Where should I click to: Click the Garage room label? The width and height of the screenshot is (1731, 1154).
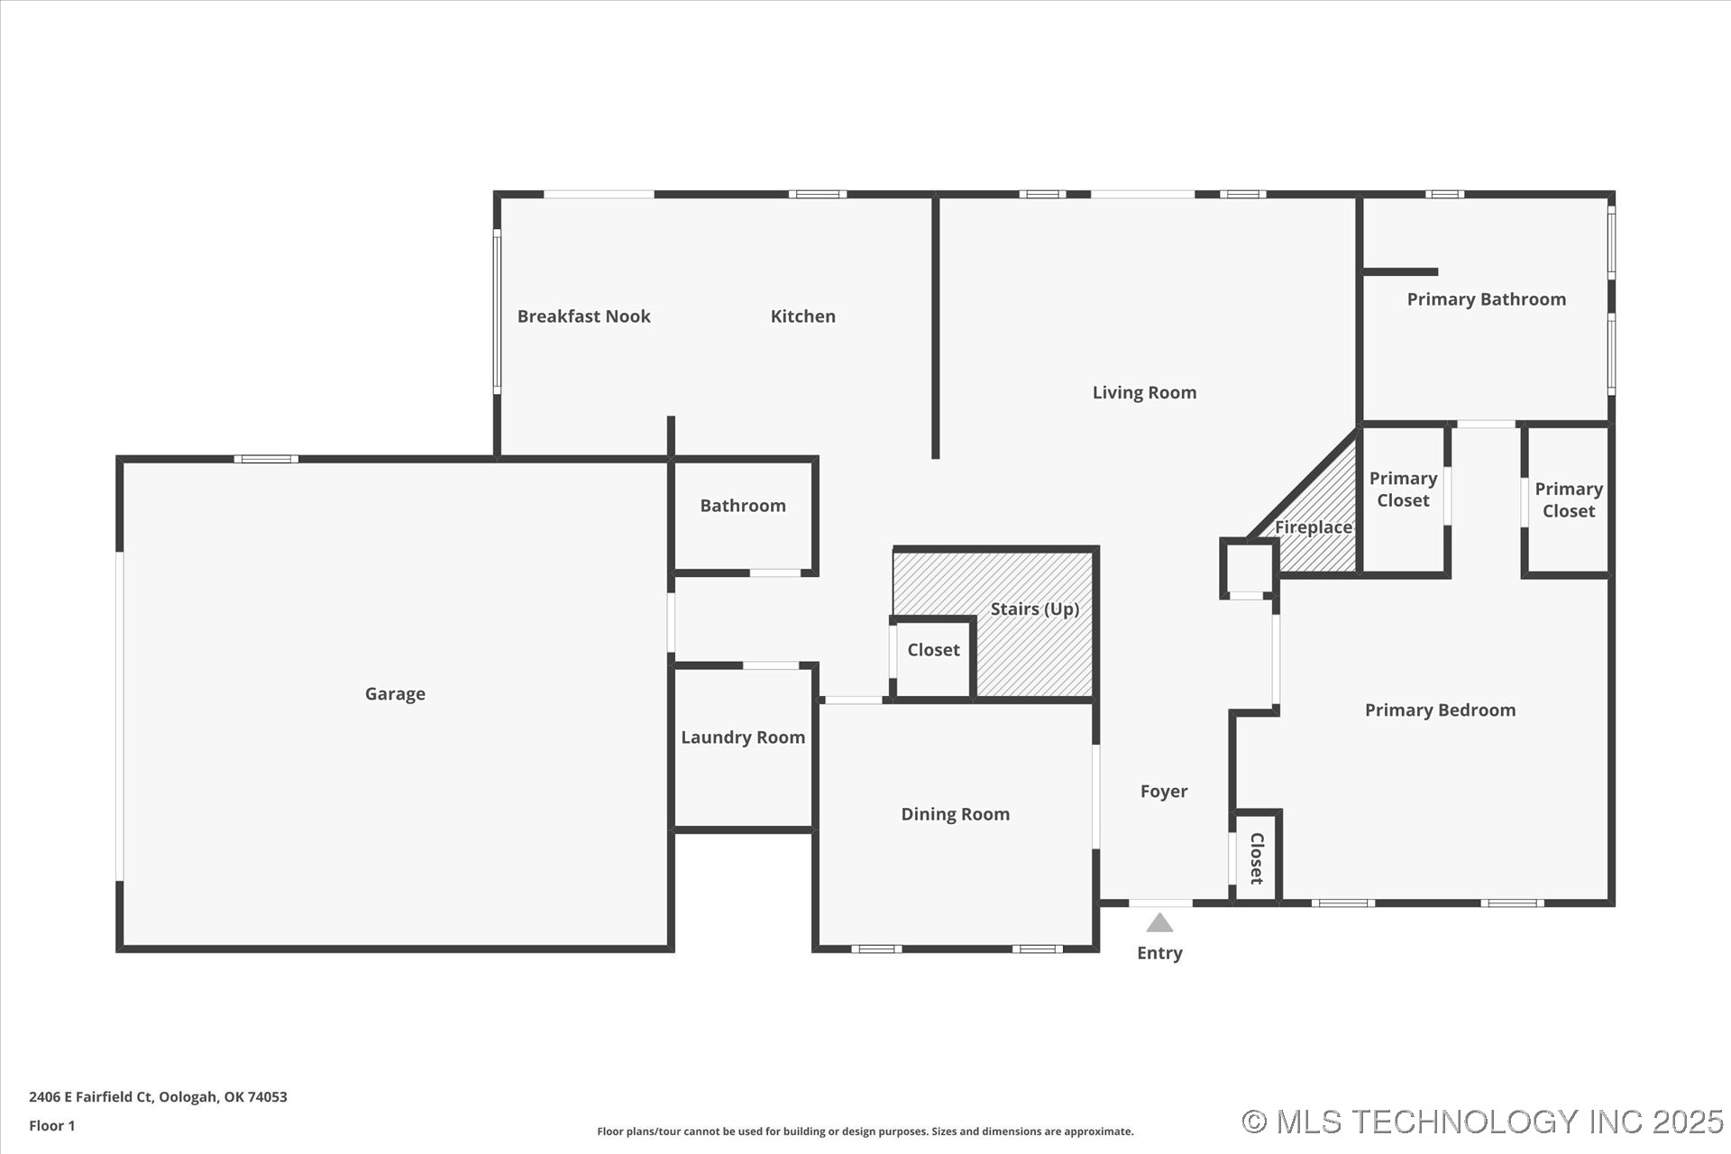coord(395,693)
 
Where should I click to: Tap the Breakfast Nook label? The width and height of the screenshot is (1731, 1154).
coord(583,316)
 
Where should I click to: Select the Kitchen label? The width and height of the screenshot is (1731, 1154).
coord(802,316)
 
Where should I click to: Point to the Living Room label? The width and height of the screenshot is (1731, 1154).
coord(1144,392)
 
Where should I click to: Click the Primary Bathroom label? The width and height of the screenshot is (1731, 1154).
coord(1486,299)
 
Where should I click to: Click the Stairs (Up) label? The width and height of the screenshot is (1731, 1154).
coord(1034,609)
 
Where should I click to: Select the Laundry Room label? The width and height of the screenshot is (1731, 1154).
coord(743,737)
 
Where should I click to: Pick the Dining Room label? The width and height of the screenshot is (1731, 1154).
coord(955,814)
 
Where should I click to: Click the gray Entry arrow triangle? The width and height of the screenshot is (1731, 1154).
coord(1159,923)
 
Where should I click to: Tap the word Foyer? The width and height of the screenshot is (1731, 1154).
coord(1163,792)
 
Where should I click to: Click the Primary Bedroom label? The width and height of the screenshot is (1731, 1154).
coord(1440,710)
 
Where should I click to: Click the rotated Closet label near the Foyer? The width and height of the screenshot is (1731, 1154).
coord(1256,857)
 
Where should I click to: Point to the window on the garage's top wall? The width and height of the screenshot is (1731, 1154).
coord(266,459)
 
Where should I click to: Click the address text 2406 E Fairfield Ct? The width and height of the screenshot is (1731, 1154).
coord(158,1096)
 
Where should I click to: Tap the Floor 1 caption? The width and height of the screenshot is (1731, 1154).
coord(52,1125)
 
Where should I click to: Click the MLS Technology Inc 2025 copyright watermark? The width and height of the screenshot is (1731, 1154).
coord(1482,1122)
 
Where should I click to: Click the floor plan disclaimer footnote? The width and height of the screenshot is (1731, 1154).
coord(865,1131)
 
